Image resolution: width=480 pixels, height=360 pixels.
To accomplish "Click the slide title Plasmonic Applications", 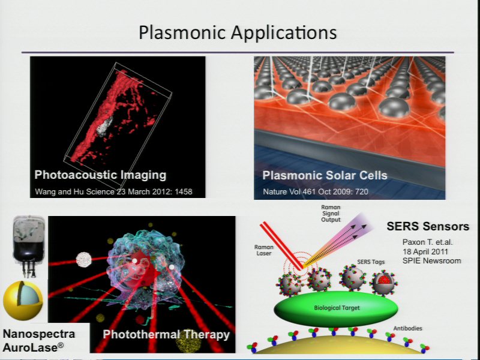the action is pos(238,32).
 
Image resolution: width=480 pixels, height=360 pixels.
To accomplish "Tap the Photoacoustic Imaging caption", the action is pos(100,175).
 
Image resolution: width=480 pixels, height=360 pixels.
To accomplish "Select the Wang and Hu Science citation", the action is pos(113,191).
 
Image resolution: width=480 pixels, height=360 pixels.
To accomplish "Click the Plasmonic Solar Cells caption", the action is pos(325,175).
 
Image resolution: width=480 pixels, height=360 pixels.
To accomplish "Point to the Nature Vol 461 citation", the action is pos(316,191).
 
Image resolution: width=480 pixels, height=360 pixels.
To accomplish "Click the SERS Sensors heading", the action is pos(428,226).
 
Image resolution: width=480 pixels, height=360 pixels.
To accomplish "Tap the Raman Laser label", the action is pos(264,250).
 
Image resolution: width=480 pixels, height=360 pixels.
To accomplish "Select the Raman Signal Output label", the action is pos(331,214).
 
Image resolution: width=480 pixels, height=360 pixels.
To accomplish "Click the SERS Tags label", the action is pos(371,262).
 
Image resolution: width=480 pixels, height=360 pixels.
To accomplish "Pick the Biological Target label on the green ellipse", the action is pos(337,308).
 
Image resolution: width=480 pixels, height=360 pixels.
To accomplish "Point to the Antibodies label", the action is pos(407,328).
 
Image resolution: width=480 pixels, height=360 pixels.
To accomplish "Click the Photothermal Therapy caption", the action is pos(166,334).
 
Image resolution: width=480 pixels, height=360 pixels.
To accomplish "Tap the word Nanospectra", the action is pos(39,334).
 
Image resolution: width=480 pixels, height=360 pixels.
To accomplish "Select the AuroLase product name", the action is pos(34,348).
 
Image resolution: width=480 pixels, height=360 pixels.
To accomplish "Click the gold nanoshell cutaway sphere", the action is pos(23,301).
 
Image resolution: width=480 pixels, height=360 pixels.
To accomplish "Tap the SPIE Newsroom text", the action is pos(431,261).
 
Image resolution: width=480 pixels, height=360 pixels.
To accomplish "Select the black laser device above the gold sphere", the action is pos(29,246).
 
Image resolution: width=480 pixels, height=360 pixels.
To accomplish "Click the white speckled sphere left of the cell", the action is pos(83,260).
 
